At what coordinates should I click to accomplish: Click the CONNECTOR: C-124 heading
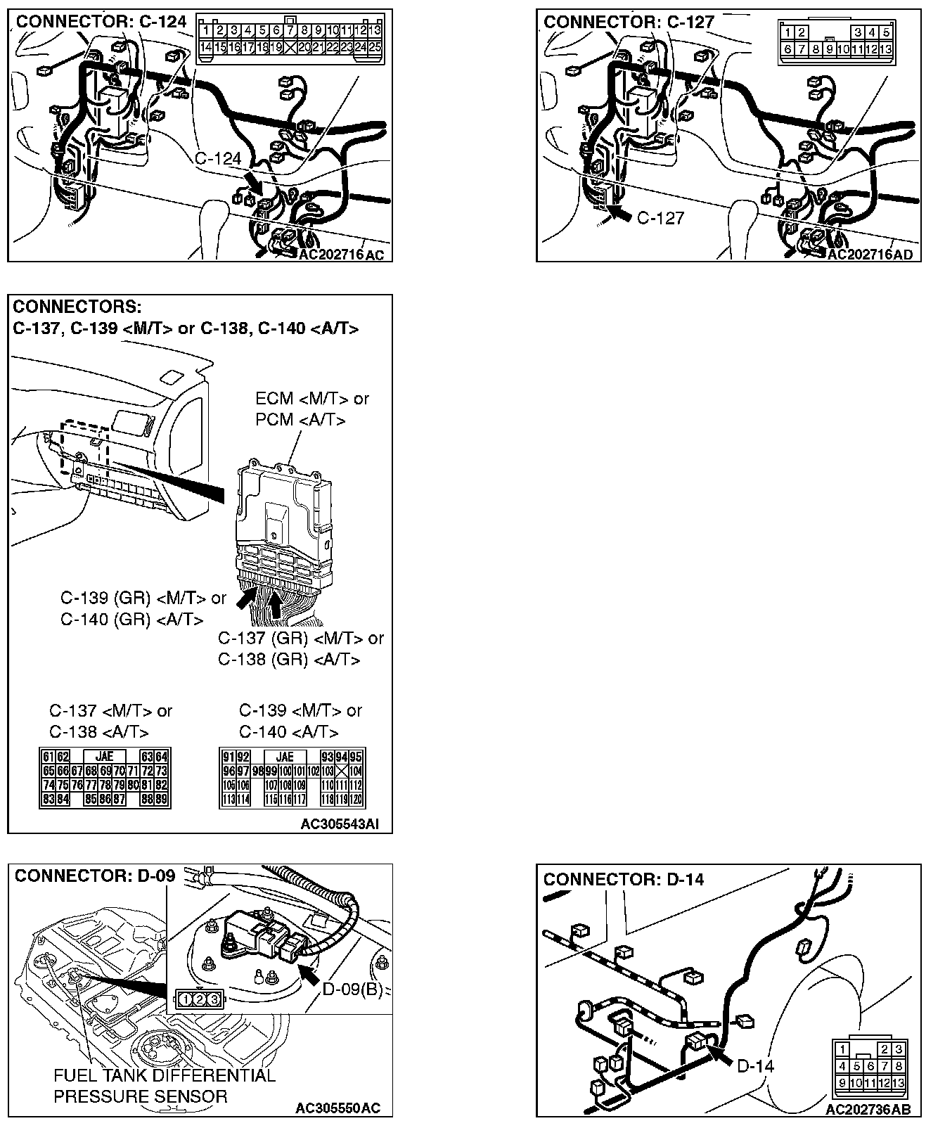(x=101, y=22)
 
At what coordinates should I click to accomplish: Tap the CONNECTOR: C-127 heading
(x=629, y=22)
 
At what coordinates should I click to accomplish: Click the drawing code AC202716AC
(x=342, y=255)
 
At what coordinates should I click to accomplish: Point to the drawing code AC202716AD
(x=870, y=255)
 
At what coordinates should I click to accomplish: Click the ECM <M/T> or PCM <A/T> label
(x=311, y=409)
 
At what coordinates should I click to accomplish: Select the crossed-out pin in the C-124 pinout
(x=290, y=47)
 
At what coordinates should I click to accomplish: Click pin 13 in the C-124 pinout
(x=374, y=30)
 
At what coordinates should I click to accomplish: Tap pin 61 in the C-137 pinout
(x=48, y=757)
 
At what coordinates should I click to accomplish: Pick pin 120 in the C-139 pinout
(x=356, y=799)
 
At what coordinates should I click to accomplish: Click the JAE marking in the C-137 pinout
(x=104, y=757)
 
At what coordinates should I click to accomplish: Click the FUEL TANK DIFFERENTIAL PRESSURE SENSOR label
(x=165, y=1086)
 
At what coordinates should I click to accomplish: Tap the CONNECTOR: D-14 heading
(x=623, y=879)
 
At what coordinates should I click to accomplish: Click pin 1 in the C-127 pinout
(x=788, y=32)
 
